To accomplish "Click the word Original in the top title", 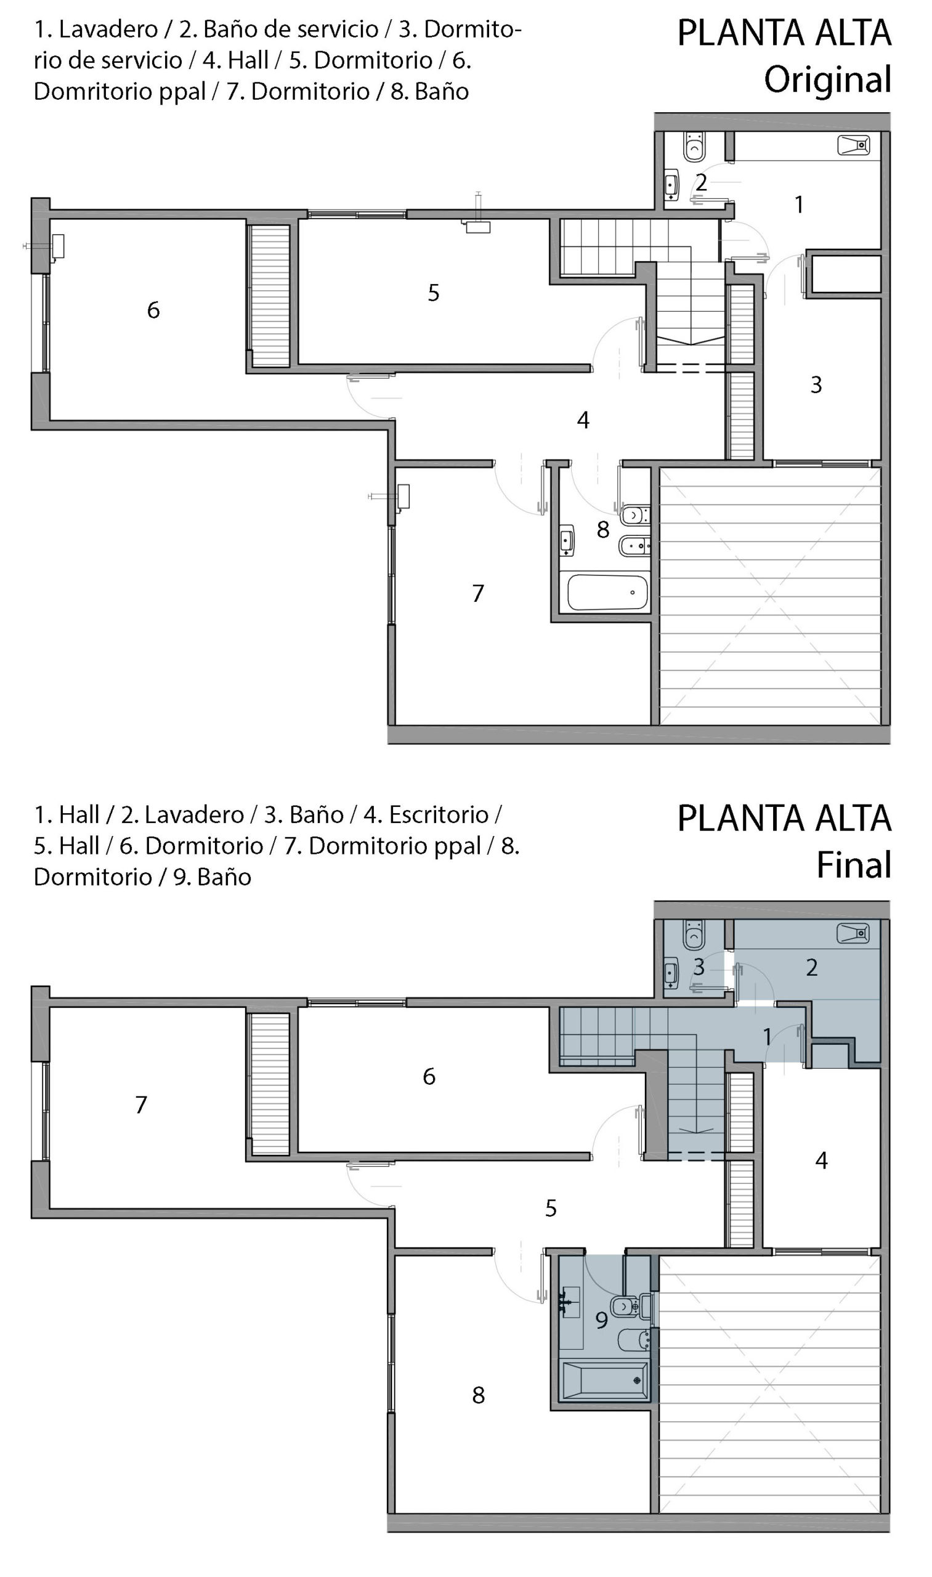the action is [827, 80].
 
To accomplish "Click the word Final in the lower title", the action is [854, 865].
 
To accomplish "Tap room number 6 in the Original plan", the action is [153, 310].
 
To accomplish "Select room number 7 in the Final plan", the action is [141, 1105].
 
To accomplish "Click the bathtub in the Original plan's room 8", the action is [607, 593].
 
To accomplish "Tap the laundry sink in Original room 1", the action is [854, 145].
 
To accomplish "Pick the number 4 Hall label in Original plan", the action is [583, 420].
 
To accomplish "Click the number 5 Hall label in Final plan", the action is [551, 1209].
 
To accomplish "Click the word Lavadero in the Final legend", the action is [194, 814].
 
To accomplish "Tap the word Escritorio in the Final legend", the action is [439, 814].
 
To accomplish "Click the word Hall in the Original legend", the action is [248, 60].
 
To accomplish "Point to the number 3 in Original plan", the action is [816, 384].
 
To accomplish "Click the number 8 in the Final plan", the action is [478, 1395].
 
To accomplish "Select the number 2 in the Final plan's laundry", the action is [811, 968].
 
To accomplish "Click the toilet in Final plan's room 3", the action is [694, 934].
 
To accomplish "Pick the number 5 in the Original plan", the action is [433, 293].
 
